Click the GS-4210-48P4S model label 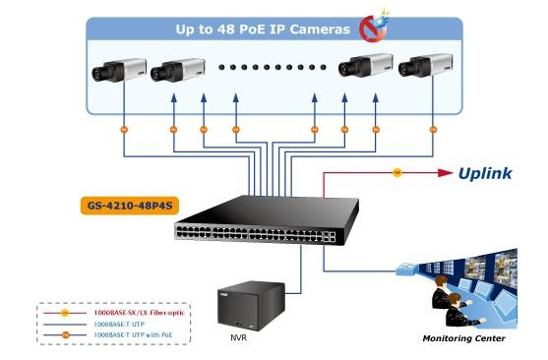(x=130, y=206)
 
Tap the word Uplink (x=485, y=174)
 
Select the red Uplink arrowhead (x=445, y=172)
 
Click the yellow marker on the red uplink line (x=397, y=172)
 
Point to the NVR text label (x=238, y=337)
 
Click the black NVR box (x=251, y=306)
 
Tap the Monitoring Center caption (x=463, y=338)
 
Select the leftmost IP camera (x=119, y=70)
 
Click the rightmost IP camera (x=425, y=65)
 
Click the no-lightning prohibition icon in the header (x=374, y=28)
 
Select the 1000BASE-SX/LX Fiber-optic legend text (x=139, y=313)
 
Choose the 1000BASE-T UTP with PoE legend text (x=133, y=334)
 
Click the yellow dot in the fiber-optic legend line (x=65, y=313)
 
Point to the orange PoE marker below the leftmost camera (x=124, y=130)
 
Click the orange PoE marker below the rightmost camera (x=433, y=130)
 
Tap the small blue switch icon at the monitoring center (x=406, y=269)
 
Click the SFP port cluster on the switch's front (x=329, y=237)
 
